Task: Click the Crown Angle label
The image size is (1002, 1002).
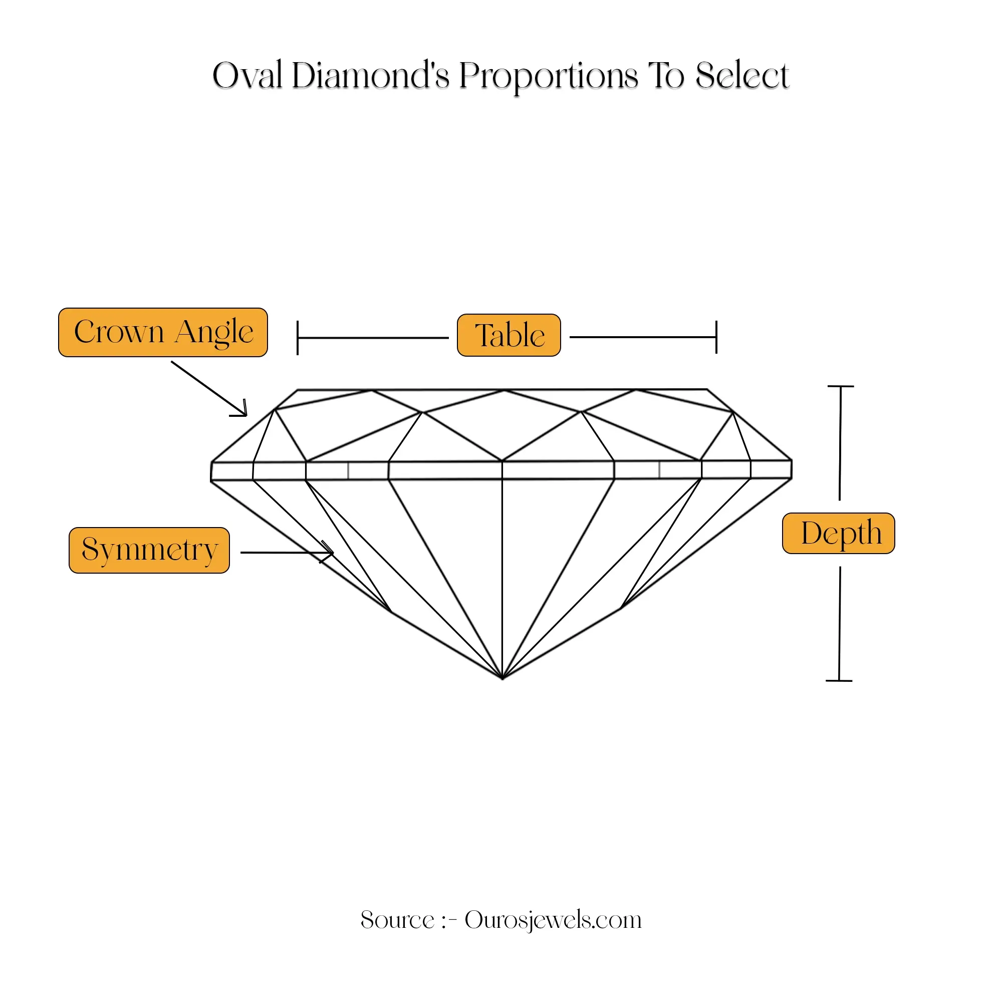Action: pyautogui.click(x=163, y=333)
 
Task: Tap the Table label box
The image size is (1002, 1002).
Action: pyautogui.click(x=509, y=335)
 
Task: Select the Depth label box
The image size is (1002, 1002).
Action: pyautogui.click(x=839, y=533)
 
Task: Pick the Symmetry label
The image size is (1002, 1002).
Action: pyautogui.click(x=149, y=550)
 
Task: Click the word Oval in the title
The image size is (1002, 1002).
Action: pyautogui.click(x=247, y=76)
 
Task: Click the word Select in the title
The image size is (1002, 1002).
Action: pyautogui.click(x=742, y=76)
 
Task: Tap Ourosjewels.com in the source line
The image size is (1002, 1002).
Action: pyautogui.click(x=553, y=919)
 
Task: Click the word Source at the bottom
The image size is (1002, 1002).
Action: pyautogui.click(x=397, y=919)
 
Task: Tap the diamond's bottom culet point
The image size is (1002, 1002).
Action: pyautogui.click(x=503, y=678)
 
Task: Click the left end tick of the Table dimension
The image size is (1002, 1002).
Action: pyautogui.click(x=298, y=338)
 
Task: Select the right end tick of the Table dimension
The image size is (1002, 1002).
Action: pyautogui.click(x=716, y=337)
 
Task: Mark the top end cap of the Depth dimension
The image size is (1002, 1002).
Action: pyautogui.click(x=840, y=386)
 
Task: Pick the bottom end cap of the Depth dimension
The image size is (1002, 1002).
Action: pyautogui.click(x=839, y=680)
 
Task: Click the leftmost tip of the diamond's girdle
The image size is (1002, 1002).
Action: pyautogui.click(x=211, y=471)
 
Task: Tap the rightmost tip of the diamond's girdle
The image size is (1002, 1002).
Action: pyautogui.click(x=792, y=469)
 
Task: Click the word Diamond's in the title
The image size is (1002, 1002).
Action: pyautogui.click(x=371, y=76)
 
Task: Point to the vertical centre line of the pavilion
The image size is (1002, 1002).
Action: pyautogui.click(x=502, y=578)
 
